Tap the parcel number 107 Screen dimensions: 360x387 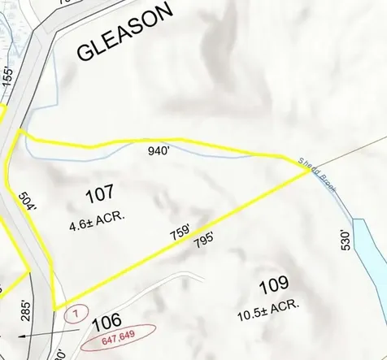point(100,193)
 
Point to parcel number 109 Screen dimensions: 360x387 point(274,284)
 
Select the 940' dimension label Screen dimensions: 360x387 point(159,150)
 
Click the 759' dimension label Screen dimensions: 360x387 point(179,231)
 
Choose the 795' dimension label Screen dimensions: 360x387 point(204,241)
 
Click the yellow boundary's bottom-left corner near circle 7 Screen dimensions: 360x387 point(54,308)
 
